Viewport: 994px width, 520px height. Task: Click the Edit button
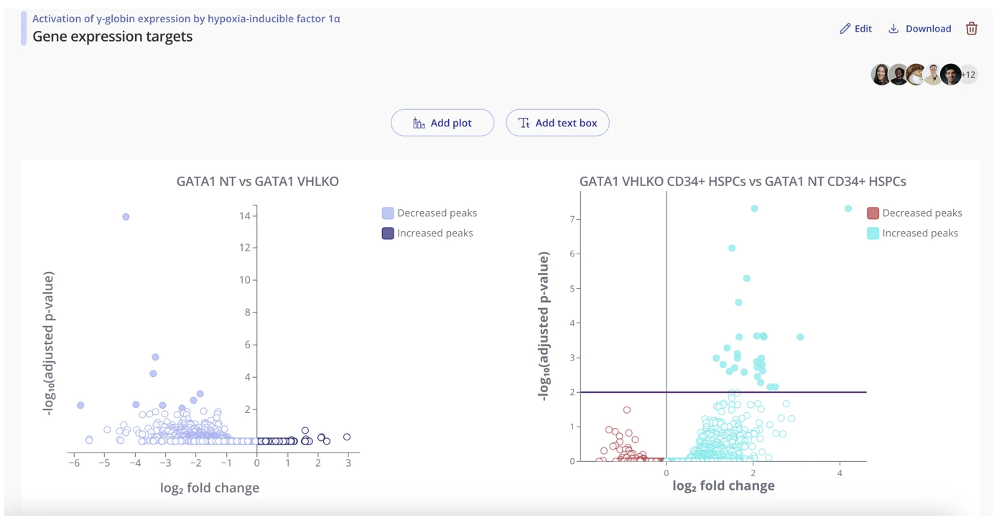(x=855, y=29)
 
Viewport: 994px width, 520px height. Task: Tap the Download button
(x=919, y=29)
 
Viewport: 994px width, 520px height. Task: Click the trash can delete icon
(x=971, y=29)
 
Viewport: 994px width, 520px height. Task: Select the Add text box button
(x=557, y=123)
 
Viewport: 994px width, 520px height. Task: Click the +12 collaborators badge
(x=969, y=75)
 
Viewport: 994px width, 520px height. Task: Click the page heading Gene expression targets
(x=112, y=37)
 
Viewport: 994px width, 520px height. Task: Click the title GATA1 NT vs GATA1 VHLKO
(x=257, y=182)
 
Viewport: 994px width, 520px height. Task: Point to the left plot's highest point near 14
(x=126, y=217)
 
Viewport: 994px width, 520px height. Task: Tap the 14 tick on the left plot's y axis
(x=245, y=215)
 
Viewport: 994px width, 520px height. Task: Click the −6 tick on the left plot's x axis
(x=74, y=463)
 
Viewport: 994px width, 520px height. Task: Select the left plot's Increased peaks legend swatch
(x=388, y=233)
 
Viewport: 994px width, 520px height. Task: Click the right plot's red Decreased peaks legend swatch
(x=873, y=213)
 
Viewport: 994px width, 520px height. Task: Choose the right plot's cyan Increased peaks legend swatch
(x=873, y=233)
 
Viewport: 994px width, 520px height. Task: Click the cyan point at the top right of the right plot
(x=848, y=209)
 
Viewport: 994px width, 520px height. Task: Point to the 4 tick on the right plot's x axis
(x=840, y=473)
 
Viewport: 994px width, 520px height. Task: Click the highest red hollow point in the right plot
(x=627, y=410)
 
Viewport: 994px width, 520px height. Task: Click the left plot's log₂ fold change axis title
(x=209, y=488)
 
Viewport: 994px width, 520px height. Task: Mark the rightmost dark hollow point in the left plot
(x=347, y=437)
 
